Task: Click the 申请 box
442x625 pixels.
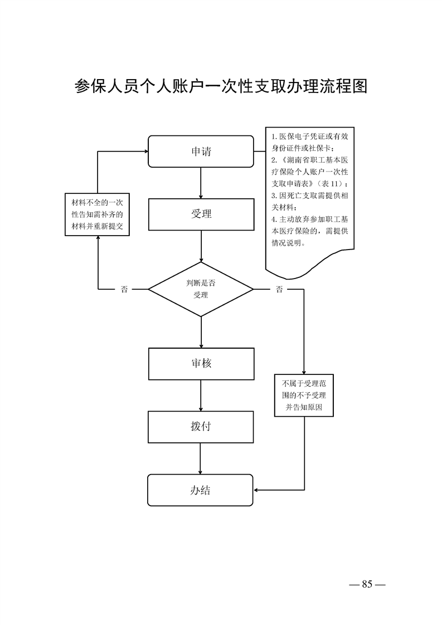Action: click(201, 152)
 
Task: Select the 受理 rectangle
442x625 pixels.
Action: click(201, 214)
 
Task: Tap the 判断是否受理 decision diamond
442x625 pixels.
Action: click(201, 290)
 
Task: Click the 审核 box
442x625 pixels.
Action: click(201, 364)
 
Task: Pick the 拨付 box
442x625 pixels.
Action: click(201, 427)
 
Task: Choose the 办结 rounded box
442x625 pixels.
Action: click(201, 490)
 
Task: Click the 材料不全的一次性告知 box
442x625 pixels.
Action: click(98, 214)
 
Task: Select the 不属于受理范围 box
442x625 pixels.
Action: click(304, 395)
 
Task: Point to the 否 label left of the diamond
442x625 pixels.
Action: click(124, 290)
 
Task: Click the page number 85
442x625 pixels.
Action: click(367, 584)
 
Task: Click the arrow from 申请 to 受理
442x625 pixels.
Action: click(201, 183)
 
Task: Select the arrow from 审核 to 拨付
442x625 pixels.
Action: click(201, 395)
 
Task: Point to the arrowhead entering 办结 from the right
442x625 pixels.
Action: click(257, 490)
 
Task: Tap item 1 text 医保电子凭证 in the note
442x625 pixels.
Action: click(301, 137)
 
